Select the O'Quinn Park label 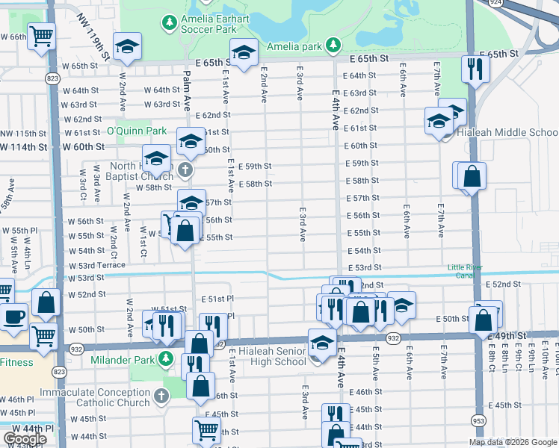coord(136,131)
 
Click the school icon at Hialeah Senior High coord(321,342)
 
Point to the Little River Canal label coord(465,272)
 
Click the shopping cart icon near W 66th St coord(42,35)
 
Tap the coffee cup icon coord(13,316)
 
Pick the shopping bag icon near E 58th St coord(472,178)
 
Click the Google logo coord(25,439)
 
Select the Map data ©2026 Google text coord(513,442)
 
